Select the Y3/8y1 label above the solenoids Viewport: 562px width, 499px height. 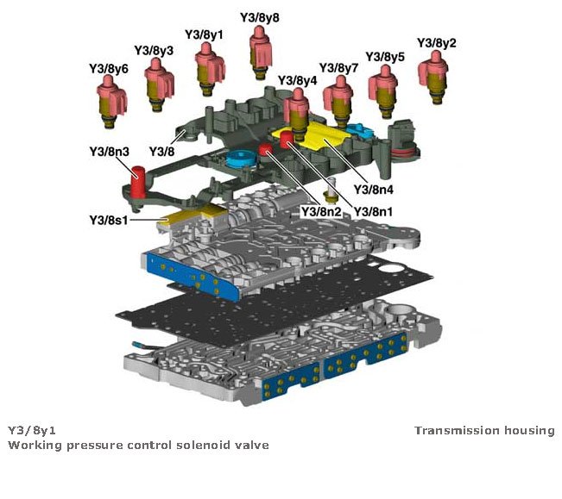point(204,34)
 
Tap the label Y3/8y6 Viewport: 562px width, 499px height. point(109,67)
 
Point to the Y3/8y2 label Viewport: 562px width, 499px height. point(437,42)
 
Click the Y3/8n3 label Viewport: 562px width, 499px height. point(109,152)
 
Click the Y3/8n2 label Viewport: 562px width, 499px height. point(320,209)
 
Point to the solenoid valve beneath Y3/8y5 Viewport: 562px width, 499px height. point(385,90)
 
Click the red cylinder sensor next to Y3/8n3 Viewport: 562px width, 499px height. point(137,184)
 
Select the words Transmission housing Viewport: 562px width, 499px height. point(484,430)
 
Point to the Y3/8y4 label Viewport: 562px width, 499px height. point(298,80)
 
